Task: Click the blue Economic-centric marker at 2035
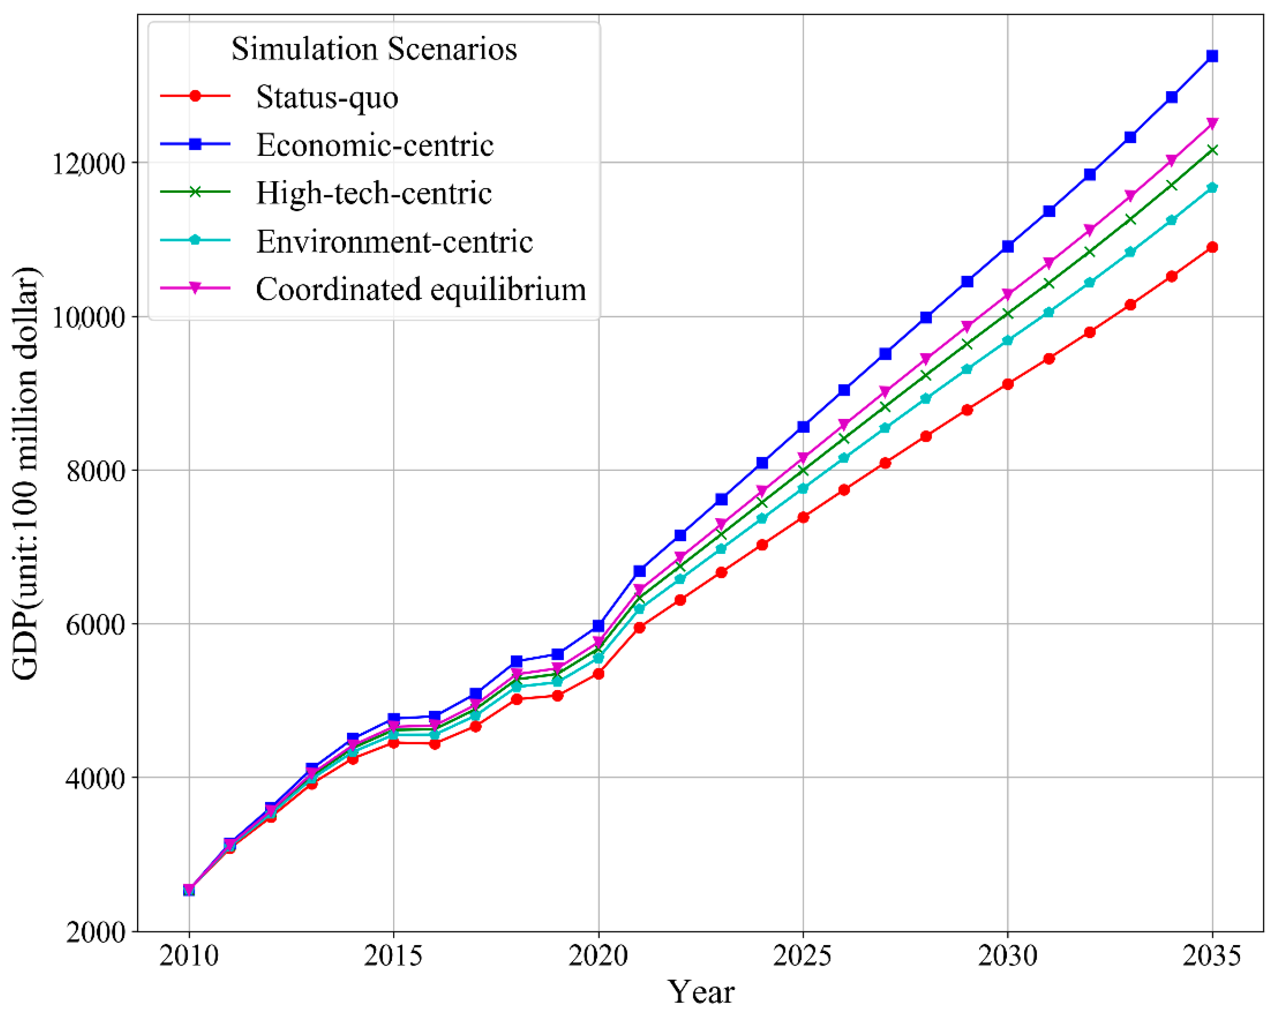coord(1211,56)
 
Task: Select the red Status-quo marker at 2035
coord(1211,247)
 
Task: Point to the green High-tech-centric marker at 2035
coord(1211,150)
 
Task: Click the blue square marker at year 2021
coord(639,571)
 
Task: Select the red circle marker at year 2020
coord(598,674)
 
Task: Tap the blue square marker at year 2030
coord(1007,246)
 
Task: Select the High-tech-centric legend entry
coord(374,193)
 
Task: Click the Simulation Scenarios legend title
coord(374,49)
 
